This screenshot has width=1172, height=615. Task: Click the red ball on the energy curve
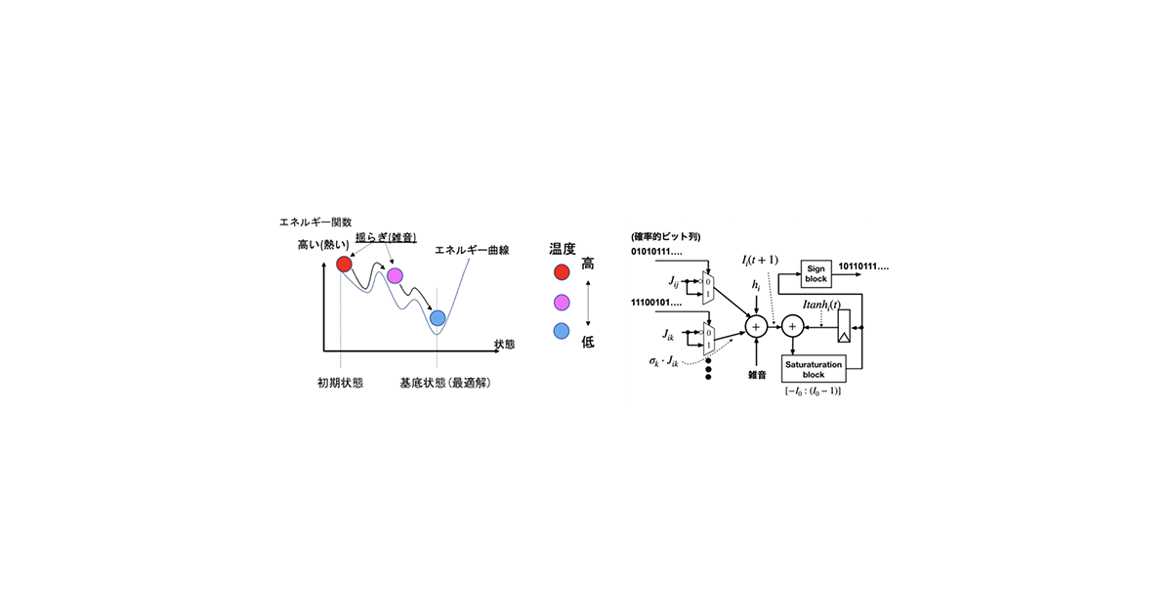click(x=344, y=265)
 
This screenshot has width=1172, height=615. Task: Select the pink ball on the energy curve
click(x=395, y=275)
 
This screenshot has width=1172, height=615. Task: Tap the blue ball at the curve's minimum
click(x=438, y=318)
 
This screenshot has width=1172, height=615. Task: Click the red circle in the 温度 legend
click(x=562, y=272)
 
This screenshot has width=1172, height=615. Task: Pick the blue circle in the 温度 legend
click(x=562, y=331)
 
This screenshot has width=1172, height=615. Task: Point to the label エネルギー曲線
click(x=472, y=251)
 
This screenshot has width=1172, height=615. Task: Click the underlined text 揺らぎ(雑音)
click(x=386, y=237)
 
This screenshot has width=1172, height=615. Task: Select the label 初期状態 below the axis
click(x=341, y=384)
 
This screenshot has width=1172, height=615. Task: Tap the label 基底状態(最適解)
click(x=445, y=384)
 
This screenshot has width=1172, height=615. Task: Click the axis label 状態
click(x=504, y=344)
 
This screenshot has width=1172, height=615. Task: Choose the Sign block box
click(x=816, y=274)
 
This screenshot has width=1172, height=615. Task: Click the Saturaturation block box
click(x=814, y=369)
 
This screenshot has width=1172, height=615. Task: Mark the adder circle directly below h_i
click(x=756, y=327)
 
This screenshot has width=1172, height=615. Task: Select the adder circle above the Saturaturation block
click(x=793, y=327)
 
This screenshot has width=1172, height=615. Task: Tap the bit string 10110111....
click(x=863, y=266)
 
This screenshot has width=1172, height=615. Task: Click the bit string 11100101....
click(x=656, y=303)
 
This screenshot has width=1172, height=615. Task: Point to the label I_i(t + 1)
click(x=760, y=260)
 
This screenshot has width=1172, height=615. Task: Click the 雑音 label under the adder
click(x=757, y=375)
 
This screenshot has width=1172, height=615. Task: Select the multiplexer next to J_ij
click(x=708, y=288)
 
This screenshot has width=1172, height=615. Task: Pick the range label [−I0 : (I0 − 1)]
click(x=813, y=391)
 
